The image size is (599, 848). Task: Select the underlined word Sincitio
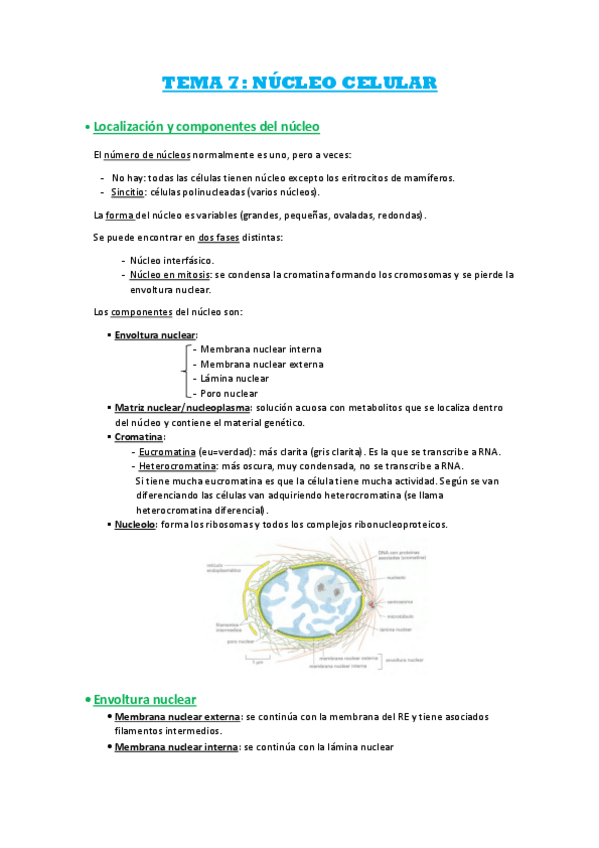coord(129,192)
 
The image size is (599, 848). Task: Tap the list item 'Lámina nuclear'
coord(234,379)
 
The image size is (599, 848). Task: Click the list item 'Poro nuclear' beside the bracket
coord(229,394)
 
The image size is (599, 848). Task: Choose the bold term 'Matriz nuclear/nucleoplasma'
coord(182,408)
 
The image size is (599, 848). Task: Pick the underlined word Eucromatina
coord(166,451)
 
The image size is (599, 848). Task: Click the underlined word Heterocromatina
coord(177,466)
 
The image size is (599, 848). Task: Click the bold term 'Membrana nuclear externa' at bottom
coord(177,717)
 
